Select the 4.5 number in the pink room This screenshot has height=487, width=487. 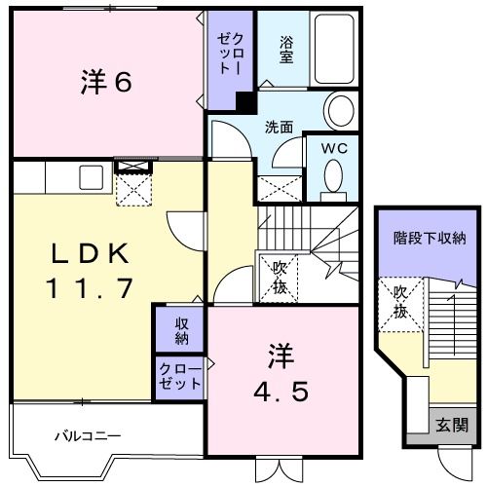coord(283,392)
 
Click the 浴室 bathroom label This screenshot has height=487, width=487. coord(286,50)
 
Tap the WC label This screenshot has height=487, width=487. coord(334,147)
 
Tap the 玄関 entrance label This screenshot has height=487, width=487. coord(451,425)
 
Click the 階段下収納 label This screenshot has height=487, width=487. coord(430,238)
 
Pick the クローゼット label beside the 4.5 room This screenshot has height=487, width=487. coord(180,376)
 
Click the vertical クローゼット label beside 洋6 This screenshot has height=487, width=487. coord(226,54)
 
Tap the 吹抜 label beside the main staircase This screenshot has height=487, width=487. coord(277,275)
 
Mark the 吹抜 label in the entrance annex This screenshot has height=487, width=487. coord(400,301)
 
